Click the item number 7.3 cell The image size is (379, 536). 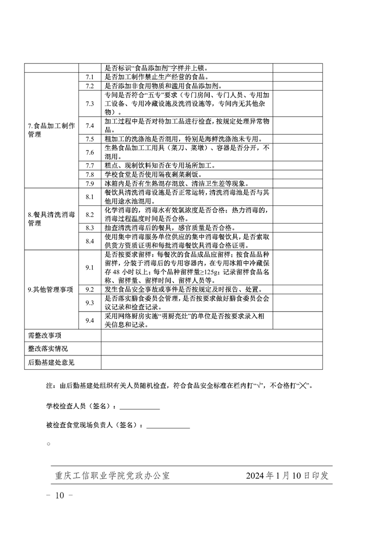click(x=89, y=104)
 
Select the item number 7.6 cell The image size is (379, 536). click(x=89, y=152)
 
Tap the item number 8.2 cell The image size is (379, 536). click(x=89, y=214)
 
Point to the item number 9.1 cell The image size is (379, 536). click(x=89, y=268)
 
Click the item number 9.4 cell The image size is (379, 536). click(x=89, y=321)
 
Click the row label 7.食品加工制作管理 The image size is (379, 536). click(x=51, y=130)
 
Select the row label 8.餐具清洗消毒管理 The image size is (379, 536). click(x=51, y=219)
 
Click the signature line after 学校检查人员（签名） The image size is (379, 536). click(x=140, y=408)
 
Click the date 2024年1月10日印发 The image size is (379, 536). click(x=287, y=476)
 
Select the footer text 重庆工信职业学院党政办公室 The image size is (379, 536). click(x=112, y=476)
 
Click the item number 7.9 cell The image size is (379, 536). click(x=89, y=183)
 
